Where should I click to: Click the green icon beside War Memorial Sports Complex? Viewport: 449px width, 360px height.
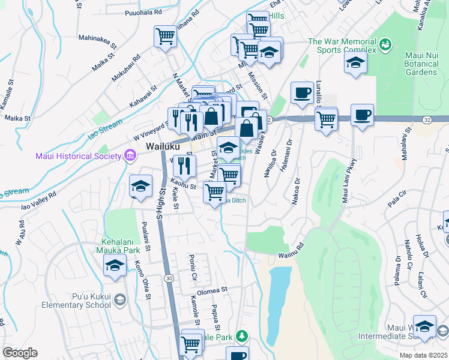point(384,44)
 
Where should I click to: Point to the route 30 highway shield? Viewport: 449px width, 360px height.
point(169,278)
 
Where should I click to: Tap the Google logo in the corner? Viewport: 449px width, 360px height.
point(20,353)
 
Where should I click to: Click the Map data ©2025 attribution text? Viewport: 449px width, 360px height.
point(423,355)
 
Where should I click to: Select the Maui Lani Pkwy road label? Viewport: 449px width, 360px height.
point(349,181)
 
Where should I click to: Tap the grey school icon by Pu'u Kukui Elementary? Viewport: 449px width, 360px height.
point(120,299)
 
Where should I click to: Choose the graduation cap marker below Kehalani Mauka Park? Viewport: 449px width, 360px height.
point(115,265)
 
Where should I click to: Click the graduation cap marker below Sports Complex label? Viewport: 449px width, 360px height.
point(355,63)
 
